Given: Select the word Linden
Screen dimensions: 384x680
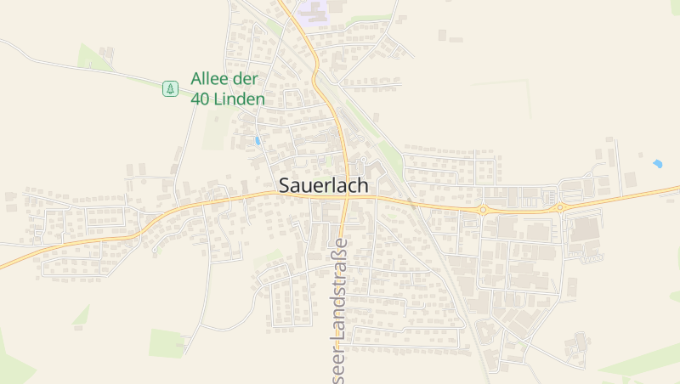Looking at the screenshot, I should coord(241,99).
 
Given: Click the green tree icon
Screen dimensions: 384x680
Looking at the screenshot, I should coord(171,88).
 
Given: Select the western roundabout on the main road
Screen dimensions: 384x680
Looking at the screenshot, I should coord(483,209).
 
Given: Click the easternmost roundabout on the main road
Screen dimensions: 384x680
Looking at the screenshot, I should coord(560,206).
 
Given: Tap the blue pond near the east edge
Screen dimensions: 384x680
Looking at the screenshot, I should coord(657,163).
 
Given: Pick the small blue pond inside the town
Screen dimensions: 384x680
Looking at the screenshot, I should coord(258,140).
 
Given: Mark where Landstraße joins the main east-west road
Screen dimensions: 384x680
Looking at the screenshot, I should coord(343,198).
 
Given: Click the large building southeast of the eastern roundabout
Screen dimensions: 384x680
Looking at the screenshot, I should coord(583,230).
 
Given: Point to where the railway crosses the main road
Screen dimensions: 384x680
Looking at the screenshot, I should coord(411,203).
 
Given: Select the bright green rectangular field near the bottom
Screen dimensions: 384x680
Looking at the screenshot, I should coord(166,343).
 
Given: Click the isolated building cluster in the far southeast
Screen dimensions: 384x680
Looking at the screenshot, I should coord(580,344).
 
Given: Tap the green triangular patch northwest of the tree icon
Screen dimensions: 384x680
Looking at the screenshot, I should coord(92,57).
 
